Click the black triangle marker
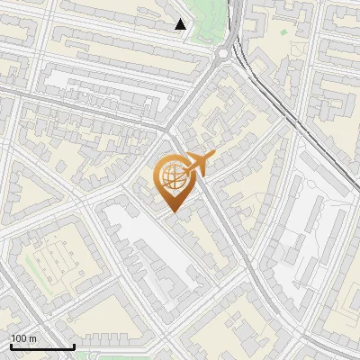coord(182,24)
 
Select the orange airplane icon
coord(199,163)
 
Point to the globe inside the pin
coord(173,177)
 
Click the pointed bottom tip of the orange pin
coord(173,211)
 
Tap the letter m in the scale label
coord(33,338)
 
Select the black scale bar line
coord(41,346)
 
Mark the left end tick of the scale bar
coord(10,345)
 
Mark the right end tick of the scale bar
coord(73,345)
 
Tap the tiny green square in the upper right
coord(283,32)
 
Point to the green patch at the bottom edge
coord(126,356)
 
